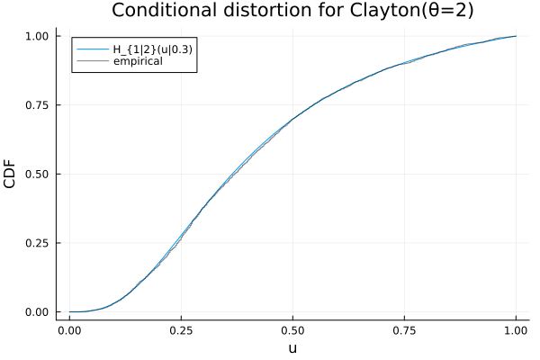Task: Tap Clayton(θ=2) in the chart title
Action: click(412, 10)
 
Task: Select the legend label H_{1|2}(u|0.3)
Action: click(153, 49)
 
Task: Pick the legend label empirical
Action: click(138, 61)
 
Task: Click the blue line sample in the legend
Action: click(93, 49)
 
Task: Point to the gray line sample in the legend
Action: click(93, 61)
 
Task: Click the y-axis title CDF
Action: click(10, 174)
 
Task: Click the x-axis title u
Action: click(292, 348)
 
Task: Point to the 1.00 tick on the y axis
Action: click(37, 36)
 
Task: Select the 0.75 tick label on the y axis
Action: click(37, 105)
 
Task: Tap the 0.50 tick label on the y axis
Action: click(37, 174)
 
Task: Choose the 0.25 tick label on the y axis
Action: click(37, 243)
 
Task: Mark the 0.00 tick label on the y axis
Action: click(37, 312)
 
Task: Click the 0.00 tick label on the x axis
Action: click(69, 330)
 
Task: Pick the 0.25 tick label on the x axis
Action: click(181, 330)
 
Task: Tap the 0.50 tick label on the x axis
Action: click(292, 330)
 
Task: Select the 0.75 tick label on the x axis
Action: click(404, 330)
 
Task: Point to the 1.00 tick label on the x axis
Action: click(516, 330)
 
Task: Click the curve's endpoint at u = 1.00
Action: click(516, 36)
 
